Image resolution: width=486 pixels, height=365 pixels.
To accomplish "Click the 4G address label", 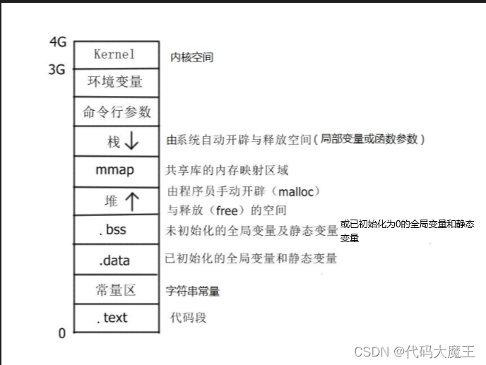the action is coord(58,42).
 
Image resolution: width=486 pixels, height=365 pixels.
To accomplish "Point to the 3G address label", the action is coord(57,69).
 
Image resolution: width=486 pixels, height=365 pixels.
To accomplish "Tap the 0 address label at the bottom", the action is coord(62,333).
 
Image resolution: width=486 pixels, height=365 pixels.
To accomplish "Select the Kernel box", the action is coord(117,55).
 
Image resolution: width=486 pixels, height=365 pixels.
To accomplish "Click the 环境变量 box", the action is coord(117,83).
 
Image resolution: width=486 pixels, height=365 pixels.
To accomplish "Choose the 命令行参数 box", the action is coord(117,112).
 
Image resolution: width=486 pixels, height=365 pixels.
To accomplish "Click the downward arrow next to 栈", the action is coord(131,140).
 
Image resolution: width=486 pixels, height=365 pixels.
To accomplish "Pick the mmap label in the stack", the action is coord(114,170).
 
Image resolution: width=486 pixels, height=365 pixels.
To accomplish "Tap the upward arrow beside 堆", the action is coord(132,201).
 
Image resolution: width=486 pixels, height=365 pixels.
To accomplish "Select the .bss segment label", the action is coord(112,229).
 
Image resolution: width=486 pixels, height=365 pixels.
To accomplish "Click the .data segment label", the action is coord(114,261).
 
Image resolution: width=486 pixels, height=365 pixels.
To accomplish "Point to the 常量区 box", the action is coord(117,289).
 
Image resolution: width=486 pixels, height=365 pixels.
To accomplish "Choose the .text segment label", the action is coord(112,318).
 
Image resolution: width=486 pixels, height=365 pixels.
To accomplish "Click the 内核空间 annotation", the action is coord(192,57).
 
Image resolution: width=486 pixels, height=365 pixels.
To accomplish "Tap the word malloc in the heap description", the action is coord(296,192).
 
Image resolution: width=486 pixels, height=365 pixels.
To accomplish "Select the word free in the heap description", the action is coord(227,210).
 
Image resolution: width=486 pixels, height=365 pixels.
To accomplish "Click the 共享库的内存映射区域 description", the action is coord(227,170).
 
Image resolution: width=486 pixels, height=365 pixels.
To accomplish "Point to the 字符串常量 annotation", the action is coord(192,291).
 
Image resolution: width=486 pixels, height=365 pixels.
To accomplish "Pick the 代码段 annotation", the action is coord(189,318).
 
